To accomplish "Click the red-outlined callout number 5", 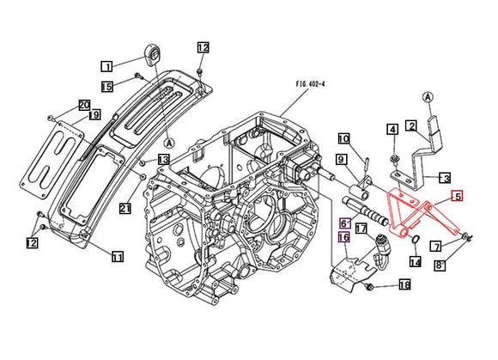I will coord(457,197).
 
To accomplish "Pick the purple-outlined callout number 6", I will coord(343,224).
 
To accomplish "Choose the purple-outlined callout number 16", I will coord(343,238).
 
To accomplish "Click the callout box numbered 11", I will coord(118,256).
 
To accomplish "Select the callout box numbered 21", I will coord(125,208).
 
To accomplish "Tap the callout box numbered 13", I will coord(163,160).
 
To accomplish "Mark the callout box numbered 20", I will coord(84,105).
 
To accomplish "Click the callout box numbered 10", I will coord(343,138).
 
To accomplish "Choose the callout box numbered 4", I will coord(392,130).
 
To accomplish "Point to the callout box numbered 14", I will coord(416,262).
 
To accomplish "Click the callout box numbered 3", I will coord(445,179).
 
